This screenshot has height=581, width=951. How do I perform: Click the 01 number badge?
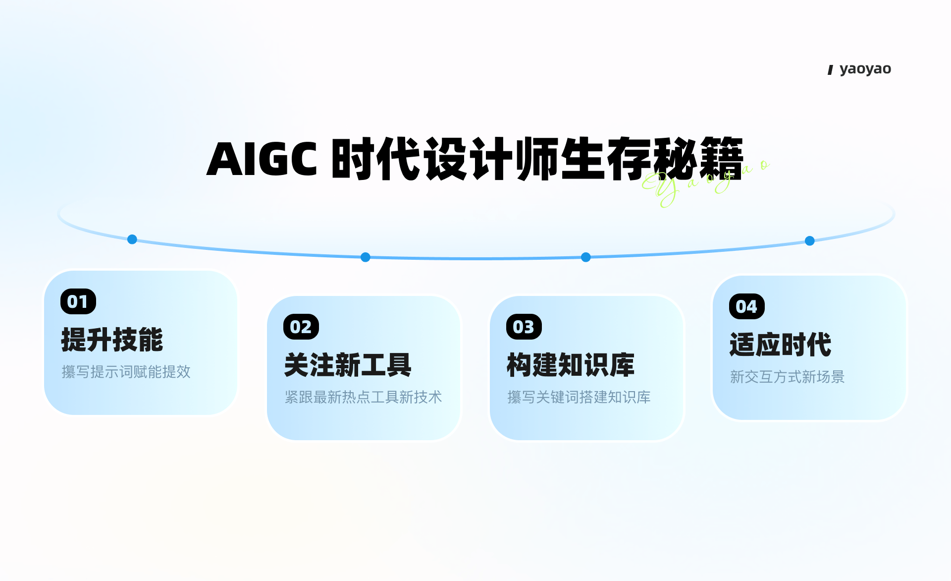(78, 301)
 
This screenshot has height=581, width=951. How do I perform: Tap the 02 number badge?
(301, 327)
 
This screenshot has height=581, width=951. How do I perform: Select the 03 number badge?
(524, 327)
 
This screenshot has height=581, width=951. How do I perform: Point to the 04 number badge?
(747, 306)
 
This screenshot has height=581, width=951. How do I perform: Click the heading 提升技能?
(112, 340)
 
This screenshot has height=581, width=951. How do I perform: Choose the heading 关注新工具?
(348, 365)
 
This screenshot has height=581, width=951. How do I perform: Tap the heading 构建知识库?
(571, 365)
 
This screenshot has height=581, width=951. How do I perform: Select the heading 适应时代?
(781, 345)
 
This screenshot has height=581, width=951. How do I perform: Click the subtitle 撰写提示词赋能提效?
(126, 372)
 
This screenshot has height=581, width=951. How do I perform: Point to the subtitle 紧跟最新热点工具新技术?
(363, 397)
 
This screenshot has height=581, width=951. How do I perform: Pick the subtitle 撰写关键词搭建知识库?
(579, 397)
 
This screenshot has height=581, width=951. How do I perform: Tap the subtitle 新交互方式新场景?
(788, 377)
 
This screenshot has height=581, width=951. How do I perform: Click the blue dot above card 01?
(132, 239)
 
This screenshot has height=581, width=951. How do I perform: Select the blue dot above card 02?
(366, 257)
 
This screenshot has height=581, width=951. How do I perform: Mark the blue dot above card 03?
(586, 257)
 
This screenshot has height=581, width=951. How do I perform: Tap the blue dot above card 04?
(810, 241)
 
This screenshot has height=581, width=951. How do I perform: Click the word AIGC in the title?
(262, 159)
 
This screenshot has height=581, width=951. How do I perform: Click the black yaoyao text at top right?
(865, 69)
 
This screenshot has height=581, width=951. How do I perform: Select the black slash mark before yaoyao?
(831, 70)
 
